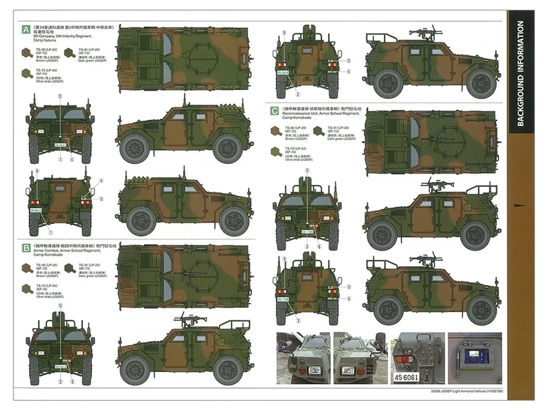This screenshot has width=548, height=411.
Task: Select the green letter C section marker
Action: (x=274, y=110)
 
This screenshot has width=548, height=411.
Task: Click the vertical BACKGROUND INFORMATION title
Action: (x=521, y=74)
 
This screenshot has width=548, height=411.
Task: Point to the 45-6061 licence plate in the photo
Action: (x=411, y=377)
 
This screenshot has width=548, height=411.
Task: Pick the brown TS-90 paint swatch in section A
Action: (x=27, y=52)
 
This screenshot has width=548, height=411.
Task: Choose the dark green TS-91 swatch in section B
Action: (x=70, y=268)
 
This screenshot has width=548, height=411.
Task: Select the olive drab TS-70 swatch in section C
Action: (x=275, y=151)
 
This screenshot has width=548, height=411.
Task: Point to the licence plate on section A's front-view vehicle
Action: (x=60, y=146)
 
